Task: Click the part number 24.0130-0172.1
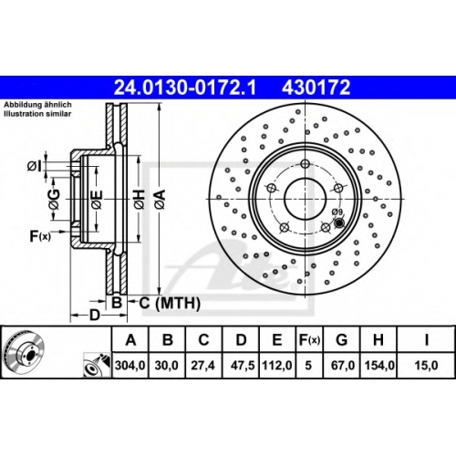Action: (x=185, y=88)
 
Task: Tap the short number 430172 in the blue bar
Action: (x=316, y=88)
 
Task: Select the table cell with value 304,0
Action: (x=130, y=365)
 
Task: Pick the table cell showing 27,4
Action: (x=202, y=365)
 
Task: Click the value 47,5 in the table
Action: (x=243, y=365)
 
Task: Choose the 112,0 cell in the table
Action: (x=277, y=365)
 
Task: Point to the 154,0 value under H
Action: (x=378, y=365)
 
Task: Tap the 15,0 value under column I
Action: (x=426, y=365)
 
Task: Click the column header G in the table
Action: (x=342, y=339)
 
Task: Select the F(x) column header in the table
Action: (x=309, y=339)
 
